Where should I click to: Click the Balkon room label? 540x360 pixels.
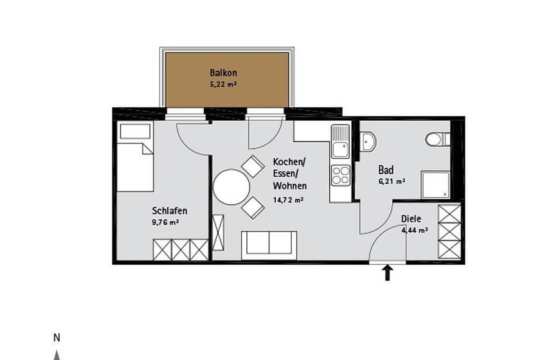pyautogui.click(x=223, y=73)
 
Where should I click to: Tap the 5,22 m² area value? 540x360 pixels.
pyautogui.click(x=223, y=84)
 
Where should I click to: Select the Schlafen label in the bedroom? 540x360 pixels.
pyautogui.click(x=170, y=210)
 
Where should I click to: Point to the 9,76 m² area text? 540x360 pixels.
pyautogui.click(x=165, y=222)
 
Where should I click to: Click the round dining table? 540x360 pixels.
pyautogui.click(x=231, y=187)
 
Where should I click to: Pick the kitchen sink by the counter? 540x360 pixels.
pyautogui.click(x=340, y=141)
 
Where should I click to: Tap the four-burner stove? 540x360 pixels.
pyautogui.click(x=341, y=175)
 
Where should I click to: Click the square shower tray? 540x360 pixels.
pyautogui.click(x=436, y=185)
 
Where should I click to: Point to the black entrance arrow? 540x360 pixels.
pyautogui.click(x=388, y=272)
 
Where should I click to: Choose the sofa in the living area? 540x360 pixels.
pyautogui.click(x=269, y=246)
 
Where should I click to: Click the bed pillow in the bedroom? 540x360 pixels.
pyautogui.click(x=135, y=131)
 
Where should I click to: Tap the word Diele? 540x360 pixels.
pyautogui.click(x=411, y=219)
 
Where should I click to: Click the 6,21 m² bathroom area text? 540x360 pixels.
pyautogui.click(x=392, y=181)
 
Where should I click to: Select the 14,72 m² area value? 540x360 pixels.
pyautogui.click(x=288, y=200)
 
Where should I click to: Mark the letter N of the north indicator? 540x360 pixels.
pyautogui.click(x=57, y=338)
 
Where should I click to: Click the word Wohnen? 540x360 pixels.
pyautogui.click(x=290, y=186)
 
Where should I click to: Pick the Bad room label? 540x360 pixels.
pyautogui.click(x=386, y=170)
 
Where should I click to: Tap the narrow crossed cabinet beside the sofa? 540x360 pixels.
pyautogui.click(x=218, y=232)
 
